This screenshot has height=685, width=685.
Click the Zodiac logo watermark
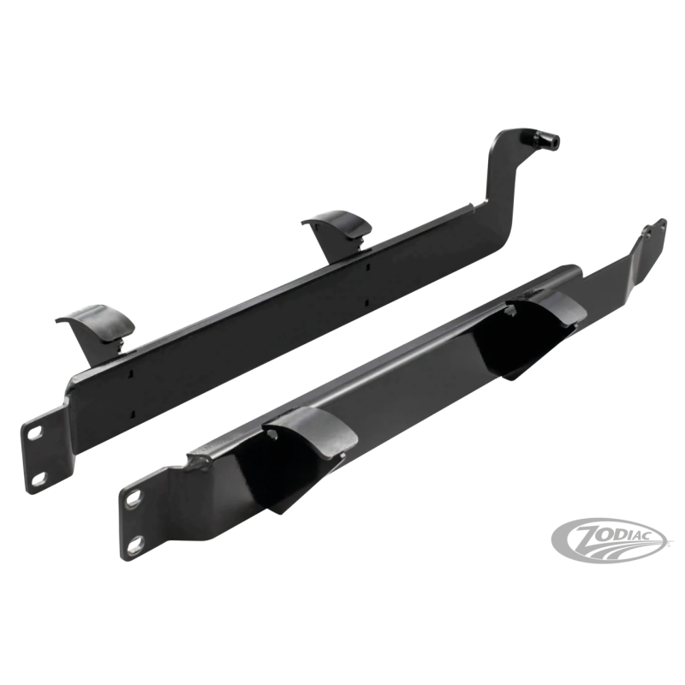(611, 540)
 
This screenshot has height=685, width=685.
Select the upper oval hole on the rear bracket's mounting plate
(34, 432)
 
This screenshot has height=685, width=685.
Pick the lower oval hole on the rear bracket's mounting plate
(39, 479)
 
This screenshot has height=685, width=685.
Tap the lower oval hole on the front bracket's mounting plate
(137, 544)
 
